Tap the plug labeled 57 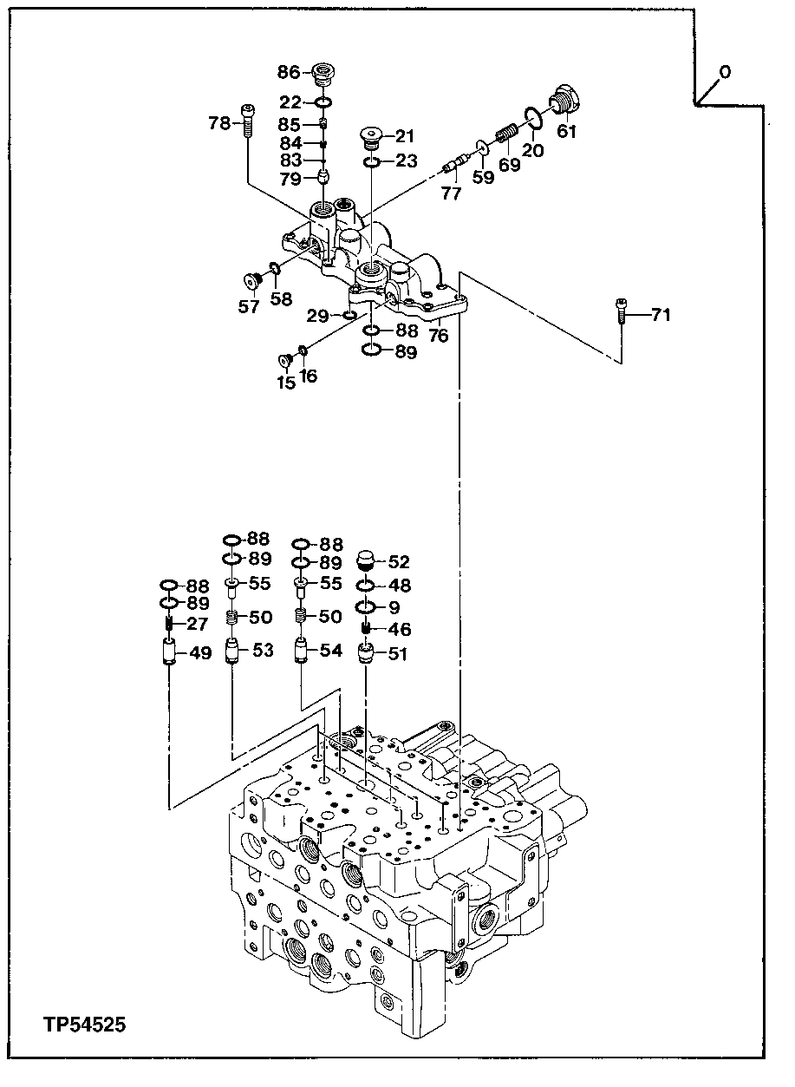click(x=252, y=281)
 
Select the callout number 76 click(x=439, y=336)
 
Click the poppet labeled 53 click(x=232, y=649)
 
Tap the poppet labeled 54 click(x=300, y=649)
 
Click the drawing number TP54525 click(x=84, y=1025)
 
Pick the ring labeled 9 click(x=367, y=606)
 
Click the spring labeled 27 click(x=170, y=625)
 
